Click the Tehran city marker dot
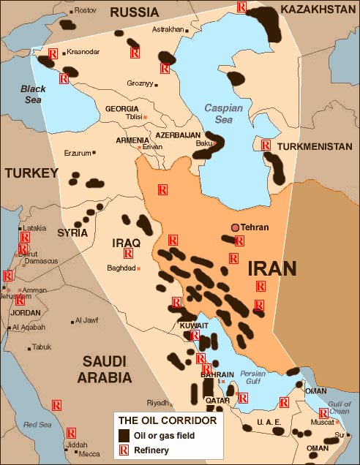click(236, 227)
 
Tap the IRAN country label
click(272, 268)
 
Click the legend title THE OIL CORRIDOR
click(167, 422)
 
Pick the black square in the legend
click(124, 436)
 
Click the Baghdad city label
click(121, 268)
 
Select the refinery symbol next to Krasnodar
click(53, 53)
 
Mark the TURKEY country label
click(31, 173)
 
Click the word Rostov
click(86, 10)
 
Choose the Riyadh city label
click(157, 403)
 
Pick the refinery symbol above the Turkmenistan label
click(265, 145)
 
